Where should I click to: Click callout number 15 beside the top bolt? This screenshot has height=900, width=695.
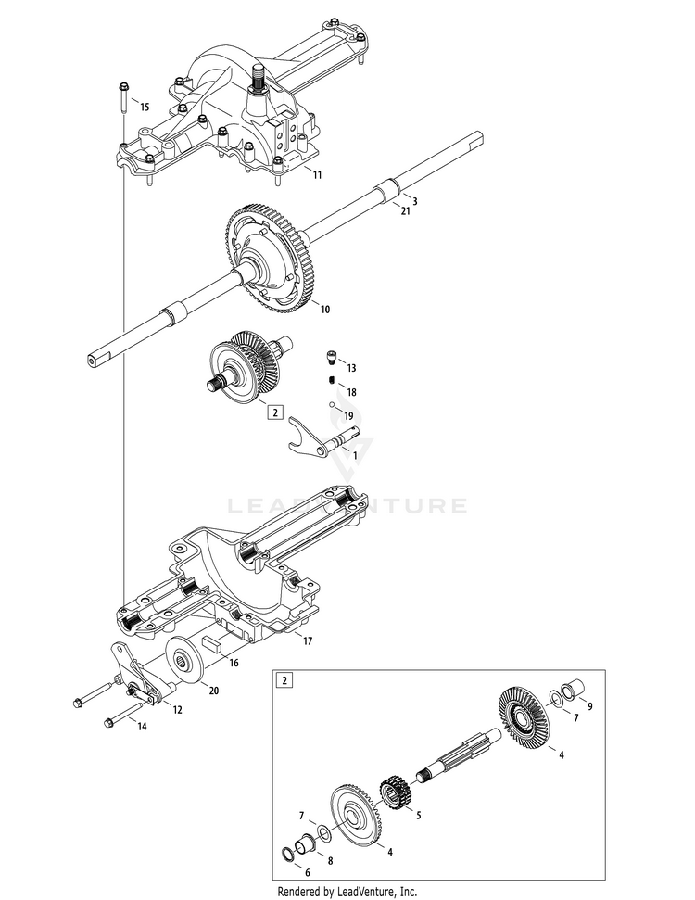(x=144, y=108)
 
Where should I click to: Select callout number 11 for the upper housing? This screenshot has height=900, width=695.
(x=318, y=174)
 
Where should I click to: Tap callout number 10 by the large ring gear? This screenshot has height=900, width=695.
(x=323, y=309)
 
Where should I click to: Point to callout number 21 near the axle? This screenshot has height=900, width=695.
(x=405, y=212)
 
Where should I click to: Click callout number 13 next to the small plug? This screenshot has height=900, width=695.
(x=352, y=368)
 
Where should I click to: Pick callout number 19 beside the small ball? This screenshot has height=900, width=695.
(x=348, y=415)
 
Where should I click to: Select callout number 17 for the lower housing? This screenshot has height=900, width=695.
(x=307, y=640)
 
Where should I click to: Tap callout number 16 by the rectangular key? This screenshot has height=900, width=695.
(x=234, y=664)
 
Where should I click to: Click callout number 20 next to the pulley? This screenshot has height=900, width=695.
(x=214, y=691)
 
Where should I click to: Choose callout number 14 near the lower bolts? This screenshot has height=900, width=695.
(x=142, y=727)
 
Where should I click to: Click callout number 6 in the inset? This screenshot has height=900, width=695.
(x=308, y=872)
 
